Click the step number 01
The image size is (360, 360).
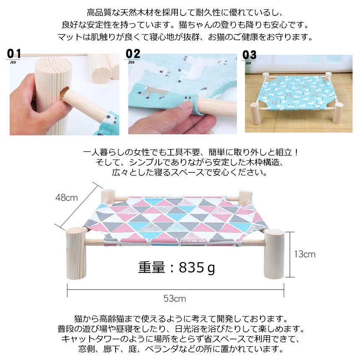[x=14, y=54]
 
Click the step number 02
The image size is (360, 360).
[x=133, y=54]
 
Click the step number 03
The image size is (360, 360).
[x=249, y=55]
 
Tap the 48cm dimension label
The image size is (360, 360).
[x=67, y=198]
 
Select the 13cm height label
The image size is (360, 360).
[x=305, y=254]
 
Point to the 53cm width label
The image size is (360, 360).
[x=175, y=298]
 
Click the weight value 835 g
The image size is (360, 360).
[x=197, y=267]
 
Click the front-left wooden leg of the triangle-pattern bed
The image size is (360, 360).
[x=76, y=253]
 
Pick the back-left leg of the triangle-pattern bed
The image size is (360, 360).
[x=108, y=196]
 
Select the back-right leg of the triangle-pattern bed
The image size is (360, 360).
[x=245, y=197]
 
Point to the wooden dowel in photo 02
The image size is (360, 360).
[x=217, y=105]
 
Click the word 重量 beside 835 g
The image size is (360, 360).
[x=152, y=267]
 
